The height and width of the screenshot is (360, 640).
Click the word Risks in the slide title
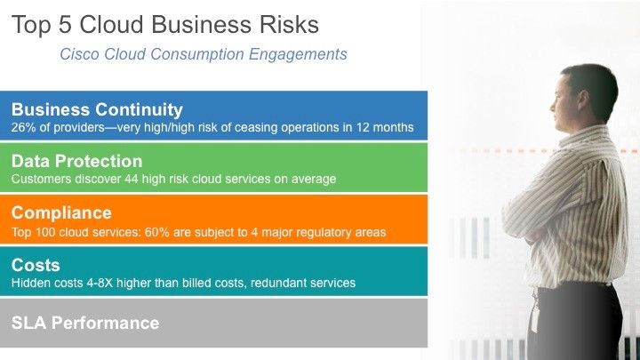pos(290,25)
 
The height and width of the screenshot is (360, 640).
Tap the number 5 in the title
pos(65,25)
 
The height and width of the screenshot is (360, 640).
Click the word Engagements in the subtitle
pos(298,54)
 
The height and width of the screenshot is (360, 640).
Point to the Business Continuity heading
pos(97,109)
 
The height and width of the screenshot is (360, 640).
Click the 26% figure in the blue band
pos(24,127)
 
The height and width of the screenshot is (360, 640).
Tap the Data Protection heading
pos(76,161)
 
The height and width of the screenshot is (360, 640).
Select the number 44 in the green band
pos(131,179)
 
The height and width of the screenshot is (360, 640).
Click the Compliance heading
pos(61,212)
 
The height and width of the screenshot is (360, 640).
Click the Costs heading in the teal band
pos(36,265)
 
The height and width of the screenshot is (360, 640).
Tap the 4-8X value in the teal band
pos(100,283)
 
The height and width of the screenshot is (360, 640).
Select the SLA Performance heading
pos(85,323)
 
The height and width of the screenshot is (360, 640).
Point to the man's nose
pos(553,107)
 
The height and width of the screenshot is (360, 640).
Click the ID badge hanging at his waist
pos(535,314)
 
